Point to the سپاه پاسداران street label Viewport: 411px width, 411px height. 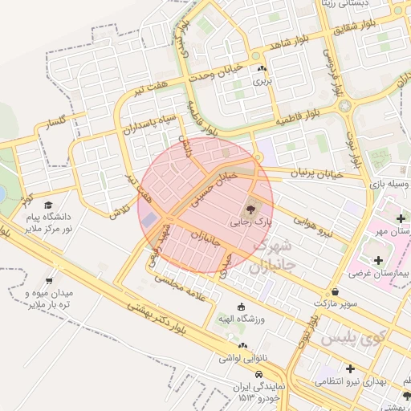(x=146, y=117)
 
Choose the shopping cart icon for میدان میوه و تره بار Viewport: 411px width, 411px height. (x=50, y=282)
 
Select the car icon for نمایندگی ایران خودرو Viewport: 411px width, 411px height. (x=258, y=375)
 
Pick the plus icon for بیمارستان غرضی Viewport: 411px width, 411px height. (x=377, y=259)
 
